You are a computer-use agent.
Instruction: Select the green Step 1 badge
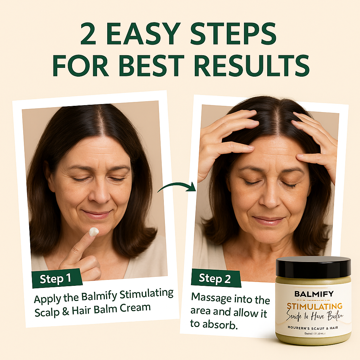coord(56,279)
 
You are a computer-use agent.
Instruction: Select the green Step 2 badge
coord(215,278)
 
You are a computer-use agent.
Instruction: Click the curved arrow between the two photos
coord(177,187)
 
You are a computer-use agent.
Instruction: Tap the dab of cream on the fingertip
coord(94,232)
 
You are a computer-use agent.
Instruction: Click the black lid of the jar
coord(313,267)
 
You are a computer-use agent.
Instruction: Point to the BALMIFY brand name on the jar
coord(314,294)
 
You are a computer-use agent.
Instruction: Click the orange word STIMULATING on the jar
coord(314,306)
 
